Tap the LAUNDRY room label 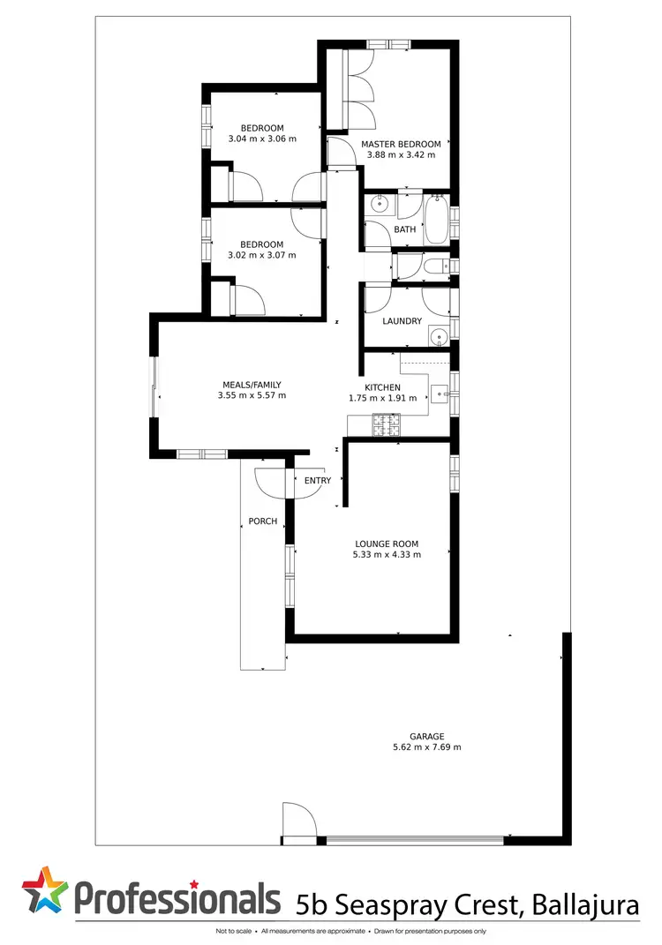(x=402, y=321)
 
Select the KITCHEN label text (x=383, y=387)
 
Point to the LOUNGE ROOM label (x=387, y=544)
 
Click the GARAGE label (x=426, y=736)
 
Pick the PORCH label (x=262, y=521)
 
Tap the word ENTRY (x=318, y=481)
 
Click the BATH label (x=404, y=229)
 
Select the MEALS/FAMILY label (x=252, y=385)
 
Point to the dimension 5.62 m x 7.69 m (x=426, y=747)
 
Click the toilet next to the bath (x=435, y=266)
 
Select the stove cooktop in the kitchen (x=387, y=425)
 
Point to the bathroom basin (x=379, y=206)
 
